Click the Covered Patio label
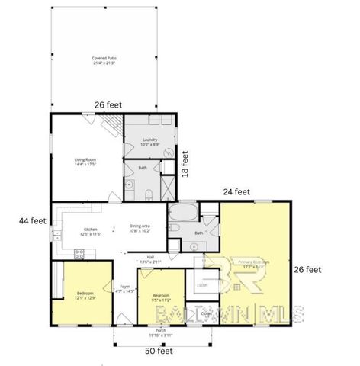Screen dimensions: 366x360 click(x=103, y=59)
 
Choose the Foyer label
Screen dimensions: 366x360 click(x=125, y=289)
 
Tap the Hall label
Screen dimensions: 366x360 click(x=151, y=259)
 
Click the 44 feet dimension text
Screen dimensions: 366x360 click(x=33, y=220)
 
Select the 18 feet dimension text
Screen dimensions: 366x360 click(x=185, y=163)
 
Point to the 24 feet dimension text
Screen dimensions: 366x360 click(x=236, y=192)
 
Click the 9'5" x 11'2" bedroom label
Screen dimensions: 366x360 click(x=160, y=297)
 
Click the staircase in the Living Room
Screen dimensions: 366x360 click(x=110, y=123)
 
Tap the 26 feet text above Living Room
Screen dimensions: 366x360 click(x=109, y=106)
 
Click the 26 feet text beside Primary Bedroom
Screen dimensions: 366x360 click(x=307, y=269)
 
